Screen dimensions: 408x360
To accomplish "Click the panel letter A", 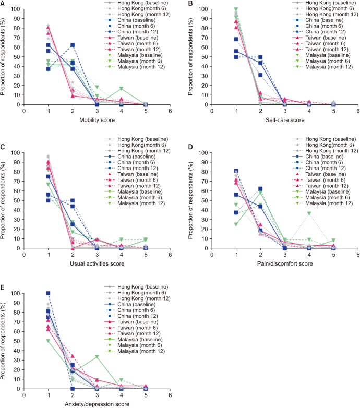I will (x=4, y=4).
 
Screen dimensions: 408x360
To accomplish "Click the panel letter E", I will (x=4, y=289).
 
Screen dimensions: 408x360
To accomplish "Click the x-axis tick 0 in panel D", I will (x=211, y=253).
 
